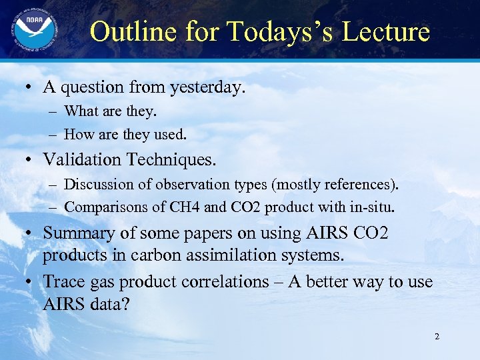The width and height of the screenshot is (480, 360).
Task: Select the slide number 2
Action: coord(437,337)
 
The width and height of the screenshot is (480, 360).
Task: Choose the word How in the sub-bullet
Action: coord(79,134)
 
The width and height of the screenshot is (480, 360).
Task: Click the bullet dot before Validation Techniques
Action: coord(29,160)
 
